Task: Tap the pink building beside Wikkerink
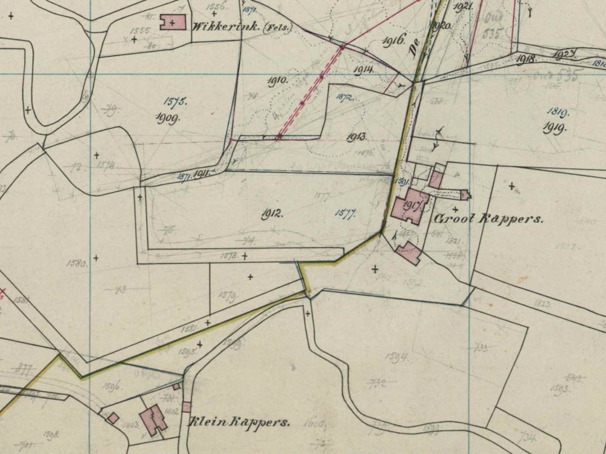click(173, 23)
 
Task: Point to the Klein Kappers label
click(239, 422)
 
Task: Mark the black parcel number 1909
click(167, 118)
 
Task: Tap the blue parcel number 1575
click(175, 102)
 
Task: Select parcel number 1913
click(356, 137)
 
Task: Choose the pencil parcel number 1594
click(397, 357)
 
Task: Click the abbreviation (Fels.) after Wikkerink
click(276, 28)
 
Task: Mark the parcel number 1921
click(462, 7)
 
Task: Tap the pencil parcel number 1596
click(113, 384)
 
